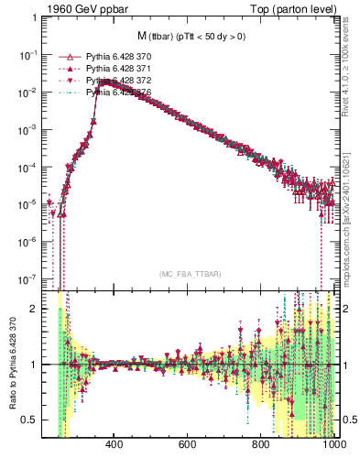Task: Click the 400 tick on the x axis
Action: [x=115, y=445]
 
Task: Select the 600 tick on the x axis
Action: [x=188, y=445]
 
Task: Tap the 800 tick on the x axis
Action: [x=261, y=445]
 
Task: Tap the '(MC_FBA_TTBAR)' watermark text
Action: [x=190, y=274]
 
